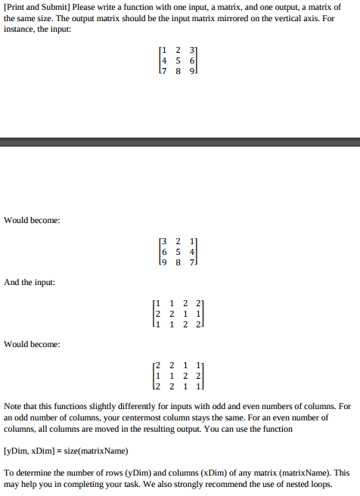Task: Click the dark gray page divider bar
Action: pos(180,142)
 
